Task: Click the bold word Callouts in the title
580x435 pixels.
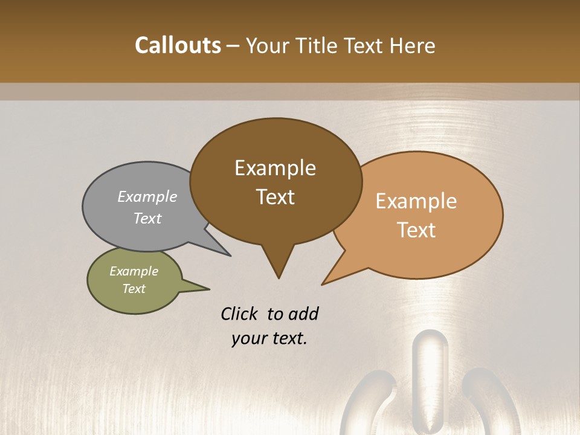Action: [178, 45]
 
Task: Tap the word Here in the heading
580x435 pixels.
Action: [413, 45]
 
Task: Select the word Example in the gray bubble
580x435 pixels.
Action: [147, 196]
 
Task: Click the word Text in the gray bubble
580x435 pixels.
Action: [147, 218]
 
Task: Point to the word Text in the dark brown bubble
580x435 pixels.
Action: [275, 196]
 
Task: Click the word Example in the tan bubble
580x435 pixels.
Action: [416, 201]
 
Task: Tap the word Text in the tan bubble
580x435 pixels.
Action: [416, 230]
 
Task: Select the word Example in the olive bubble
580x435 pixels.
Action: [134, 271]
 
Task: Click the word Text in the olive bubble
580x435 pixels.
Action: [134, 289]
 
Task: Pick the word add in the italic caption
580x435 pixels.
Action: [303, 314]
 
